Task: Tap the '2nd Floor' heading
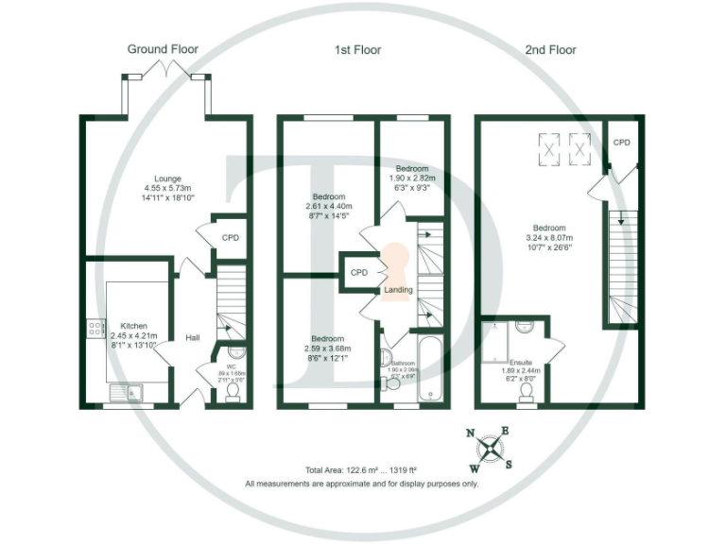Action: [x=550, y=49]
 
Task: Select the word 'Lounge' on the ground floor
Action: [x=168, y=178]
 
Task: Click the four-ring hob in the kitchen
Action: [x=95, y=329]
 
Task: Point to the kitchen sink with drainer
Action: [x=125, y=390]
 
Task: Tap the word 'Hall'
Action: [x=192, y=337]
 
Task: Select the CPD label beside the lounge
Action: [x=231, y=238]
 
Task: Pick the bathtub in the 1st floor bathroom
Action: [x=430, y=368]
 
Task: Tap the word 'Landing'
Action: [x=398, y=290]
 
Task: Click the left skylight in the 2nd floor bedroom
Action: [x=549, y=145]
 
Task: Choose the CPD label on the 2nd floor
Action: [x=621, y=142]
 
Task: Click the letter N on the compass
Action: [x=472, y=433]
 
